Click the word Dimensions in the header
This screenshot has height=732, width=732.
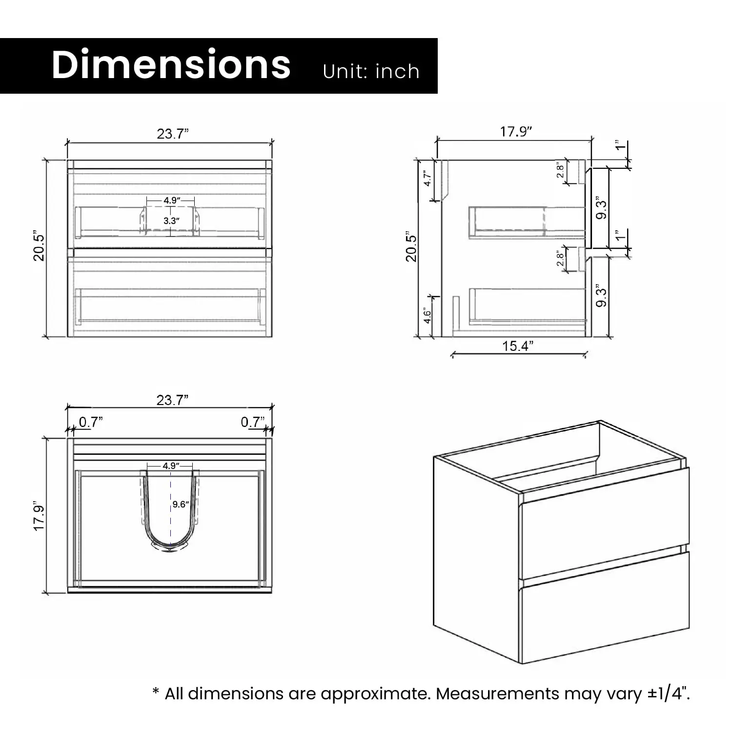click(x=171, y=64)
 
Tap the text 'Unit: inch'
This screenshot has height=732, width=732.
click(x=371, y=71)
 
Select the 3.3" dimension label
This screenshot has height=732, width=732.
click(x=171, y=221)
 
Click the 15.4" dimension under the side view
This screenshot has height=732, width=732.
click(x=518, y=346)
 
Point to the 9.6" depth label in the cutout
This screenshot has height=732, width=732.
click(x=181, y=504)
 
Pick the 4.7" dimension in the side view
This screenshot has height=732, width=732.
click(x=427, y=178)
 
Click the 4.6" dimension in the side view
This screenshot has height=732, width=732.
click(x=427, y=315)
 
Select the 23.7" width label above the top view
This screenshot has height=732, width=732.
click(x=172, y=400)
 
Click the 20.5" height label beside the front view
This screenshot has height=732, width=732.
click(x=39, y=247)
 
